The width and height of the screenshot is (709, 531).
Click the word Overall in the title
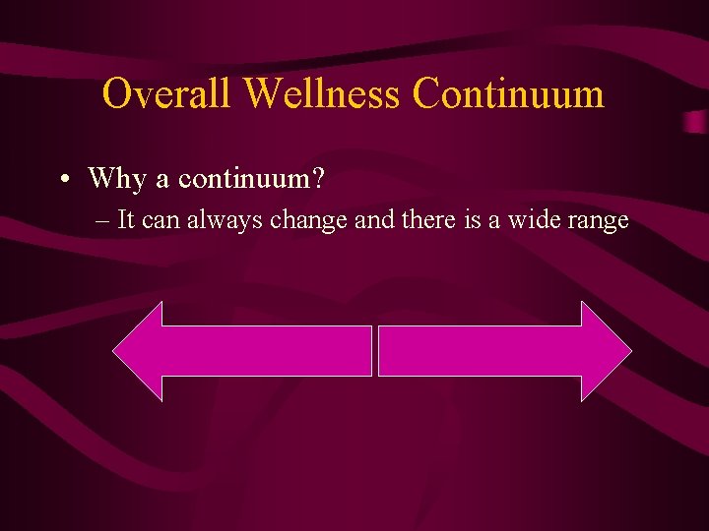click(166, 94)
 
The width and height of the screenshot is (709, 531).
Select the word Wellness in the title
click(323, 94)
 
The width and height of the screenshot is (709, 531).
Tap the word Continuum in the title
click(508, 94)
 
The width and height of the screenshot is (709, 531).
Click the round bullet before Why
click(62, 179)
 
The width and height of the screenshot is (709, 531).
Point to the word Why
click(116, 179)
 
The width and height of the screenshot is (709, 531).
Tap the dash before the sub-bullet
click(104, 220)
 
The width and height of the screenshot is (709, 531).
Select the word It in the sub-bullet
click(127, 220)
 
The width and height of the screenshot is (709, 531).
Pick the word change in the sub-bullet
click(309, 220)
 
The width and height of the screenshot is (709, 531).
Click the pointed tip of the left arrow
click(116, 351)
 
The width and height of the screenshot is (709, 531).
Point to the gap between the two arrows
click(375, 351)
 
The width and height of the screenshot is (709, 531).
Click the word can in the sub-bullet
click(160, 220)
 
